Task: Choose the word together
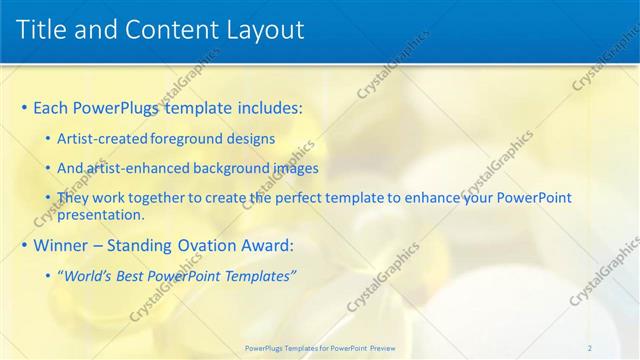152,198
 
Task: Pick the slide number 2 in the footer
589,348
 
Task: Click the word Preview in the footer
376,348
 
